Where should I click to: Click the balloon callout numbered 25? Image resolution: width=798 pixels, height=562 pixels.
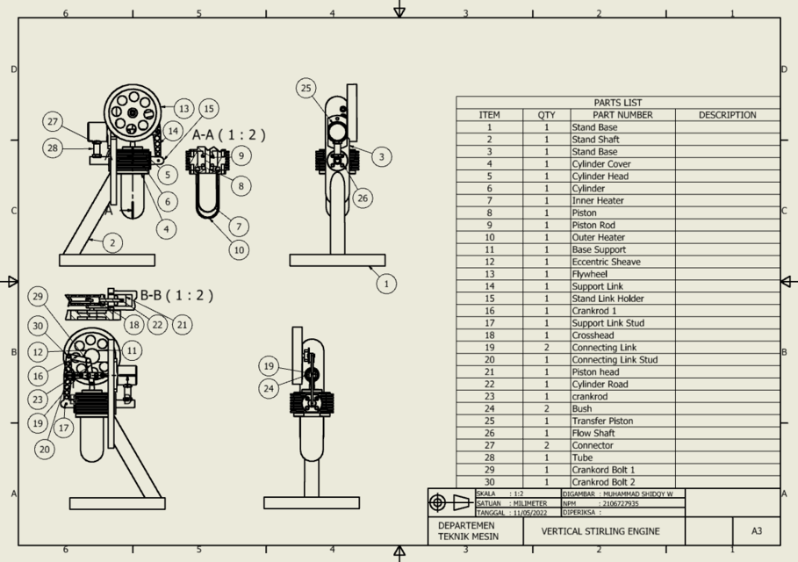click(306, 88)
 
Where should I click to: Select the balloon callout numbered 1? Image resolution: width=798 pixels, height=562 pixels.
click(385, 283)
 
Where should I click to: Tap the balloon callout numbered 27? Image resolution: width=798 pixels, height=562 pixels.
click(54, 121)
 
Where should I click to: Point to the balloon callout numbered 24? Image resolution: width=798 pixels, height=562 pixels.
click(269, 387)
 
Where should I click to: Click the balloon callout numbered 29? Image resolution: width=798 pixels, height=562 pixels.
click(36, 296)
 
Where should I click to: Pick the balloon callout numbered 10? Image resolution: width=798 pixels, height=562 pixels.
click(239, 249)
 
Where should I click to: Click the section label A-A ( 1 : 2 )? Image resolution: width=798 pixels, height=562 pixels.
click(228, 134)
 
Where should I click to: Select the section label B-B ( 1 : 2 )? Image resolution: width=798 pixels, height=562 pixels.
click(176, 295)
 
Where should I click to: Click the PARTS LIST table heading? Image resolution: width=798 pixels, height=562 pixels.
click(617, 103)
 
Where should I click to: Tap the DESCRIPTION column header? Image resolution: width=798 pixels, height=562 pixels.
click(727, 115)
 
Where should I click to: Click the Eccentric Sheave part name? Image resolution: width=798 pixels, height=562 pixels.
click(606, 262)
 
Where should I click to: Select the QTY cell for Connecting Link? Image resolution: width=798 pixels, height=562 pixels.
click(546, 348)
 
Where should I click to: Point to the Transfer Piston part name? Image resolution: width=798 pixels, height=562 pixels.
click(602, 421)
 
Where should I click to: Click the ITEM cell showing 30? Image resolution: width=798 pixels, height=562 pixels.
click(489, 482)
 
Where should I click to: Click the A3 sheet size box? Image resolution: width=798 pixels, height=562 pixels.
click(757, 531)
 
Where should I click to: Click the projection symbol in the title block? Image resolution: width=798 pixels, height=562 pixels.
click(450, 503)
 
